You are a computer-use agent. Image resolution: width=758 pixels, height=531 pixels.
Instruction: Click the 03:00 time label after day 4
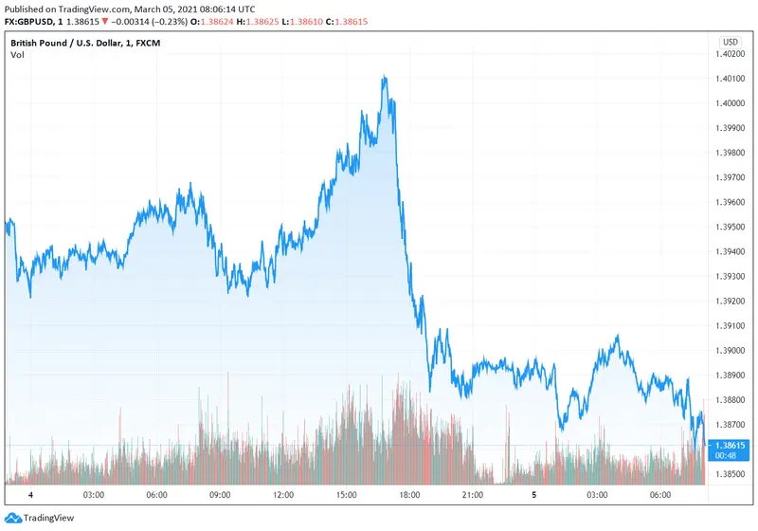coord(94,495)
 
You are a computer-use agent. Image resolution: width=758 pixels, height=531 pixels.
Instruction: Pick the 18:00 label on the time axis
coord(409,495)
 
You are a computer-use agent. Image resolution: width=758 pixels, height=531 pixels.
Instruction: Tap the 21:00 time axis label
coord(473,495)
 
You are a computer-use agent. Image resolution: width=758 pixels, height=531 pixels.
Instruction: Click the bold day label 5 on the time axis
coord(535,495)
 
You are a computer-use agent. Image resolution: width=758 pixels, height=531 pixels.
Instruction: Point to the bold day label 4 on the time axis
coord(31,495)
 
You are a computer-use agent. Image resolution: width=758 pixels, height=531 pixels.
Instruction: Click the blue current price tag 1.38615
coord(730,444)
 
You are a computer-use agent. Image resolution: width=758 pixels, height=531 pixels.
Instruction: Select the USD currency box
coord(730,42)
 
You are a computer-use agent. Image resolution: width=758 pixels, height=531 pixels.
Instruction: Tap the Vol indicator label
coord(17,55)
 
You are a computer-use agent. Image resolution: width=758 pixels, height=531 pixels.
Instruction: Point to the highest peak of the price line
coord(384,77)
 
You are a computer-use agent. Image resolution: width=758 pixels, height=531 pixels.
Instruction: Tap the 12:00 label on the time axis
coord(283,495)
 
